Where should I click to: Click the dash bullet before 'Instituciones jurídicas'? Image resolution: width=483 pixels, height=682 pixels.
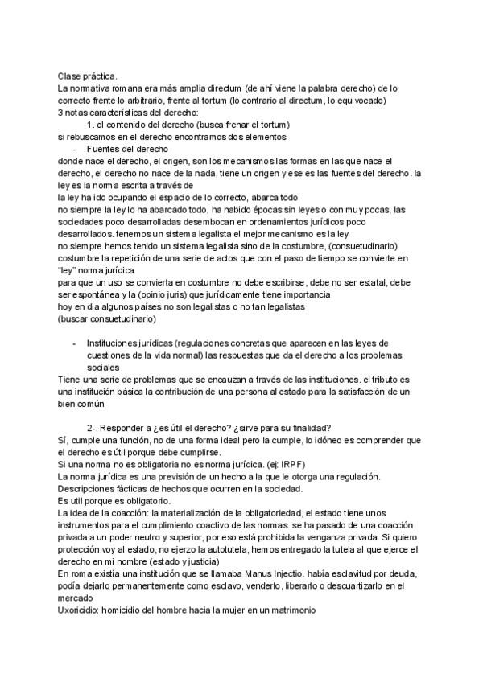pos(75,343)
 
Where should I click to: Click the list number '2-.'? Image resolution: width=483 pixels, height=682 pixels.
pos(94,428)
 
